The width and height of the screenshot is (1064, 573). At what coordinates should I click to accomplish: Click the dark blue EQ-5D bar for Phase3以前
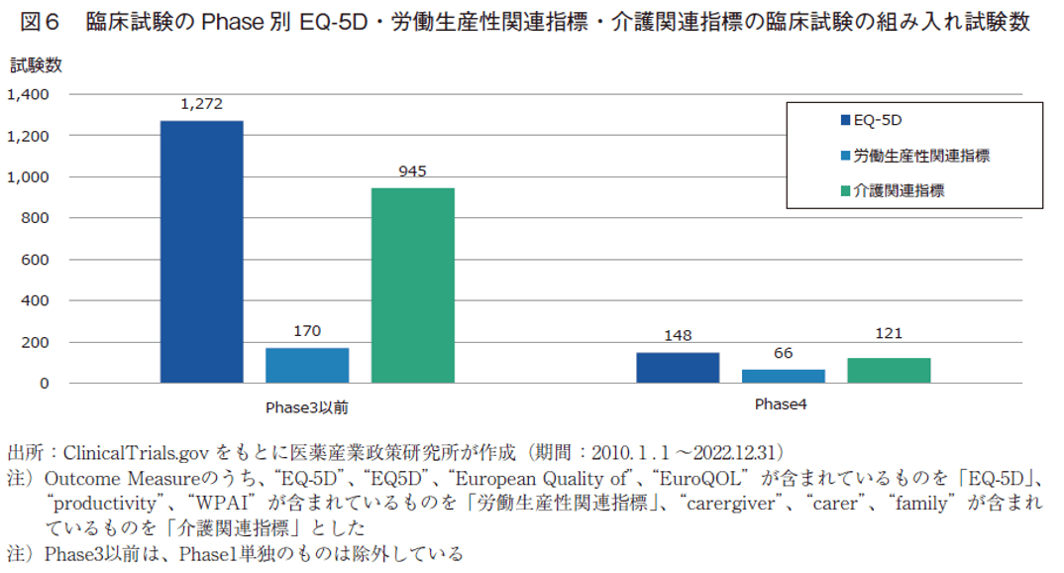[x=201, y=252]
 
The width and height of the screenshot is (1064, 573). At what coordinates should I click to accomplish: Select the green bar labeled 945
[x=412, y=286]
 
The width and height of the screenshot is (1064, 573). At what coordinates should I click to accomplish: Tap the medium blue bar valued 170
[x=307, y=365]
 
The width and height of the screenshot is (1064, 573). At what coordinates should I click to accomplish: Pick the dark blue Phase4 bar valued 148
[x=678, y=368]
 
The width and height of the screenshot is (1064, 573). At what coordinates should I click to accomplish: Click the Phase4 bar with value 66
[x=784, y=376]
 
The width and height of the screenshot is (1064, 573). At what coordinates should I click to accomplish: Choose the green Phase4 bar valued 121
[x=889, y=370]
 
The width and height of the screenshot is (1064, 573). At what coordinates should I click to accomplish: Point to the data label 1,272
[x=201, y=103]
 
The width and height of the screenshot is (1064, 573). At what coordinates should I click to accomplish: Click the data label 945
[x=412, y=171]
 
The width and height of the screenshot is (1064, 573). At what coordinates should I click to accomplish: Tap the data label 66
[x=784, y=353]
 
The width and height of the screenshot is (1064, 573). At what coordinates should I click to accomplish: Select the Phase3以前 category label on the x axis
[x=306, y=407]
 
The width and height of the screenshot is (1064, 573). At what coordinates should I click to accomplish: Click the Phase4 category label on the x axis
[x=783, y=404]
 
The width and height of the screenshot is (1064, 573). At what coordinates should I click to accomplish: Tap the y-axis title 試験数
[x=36, y=65]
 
